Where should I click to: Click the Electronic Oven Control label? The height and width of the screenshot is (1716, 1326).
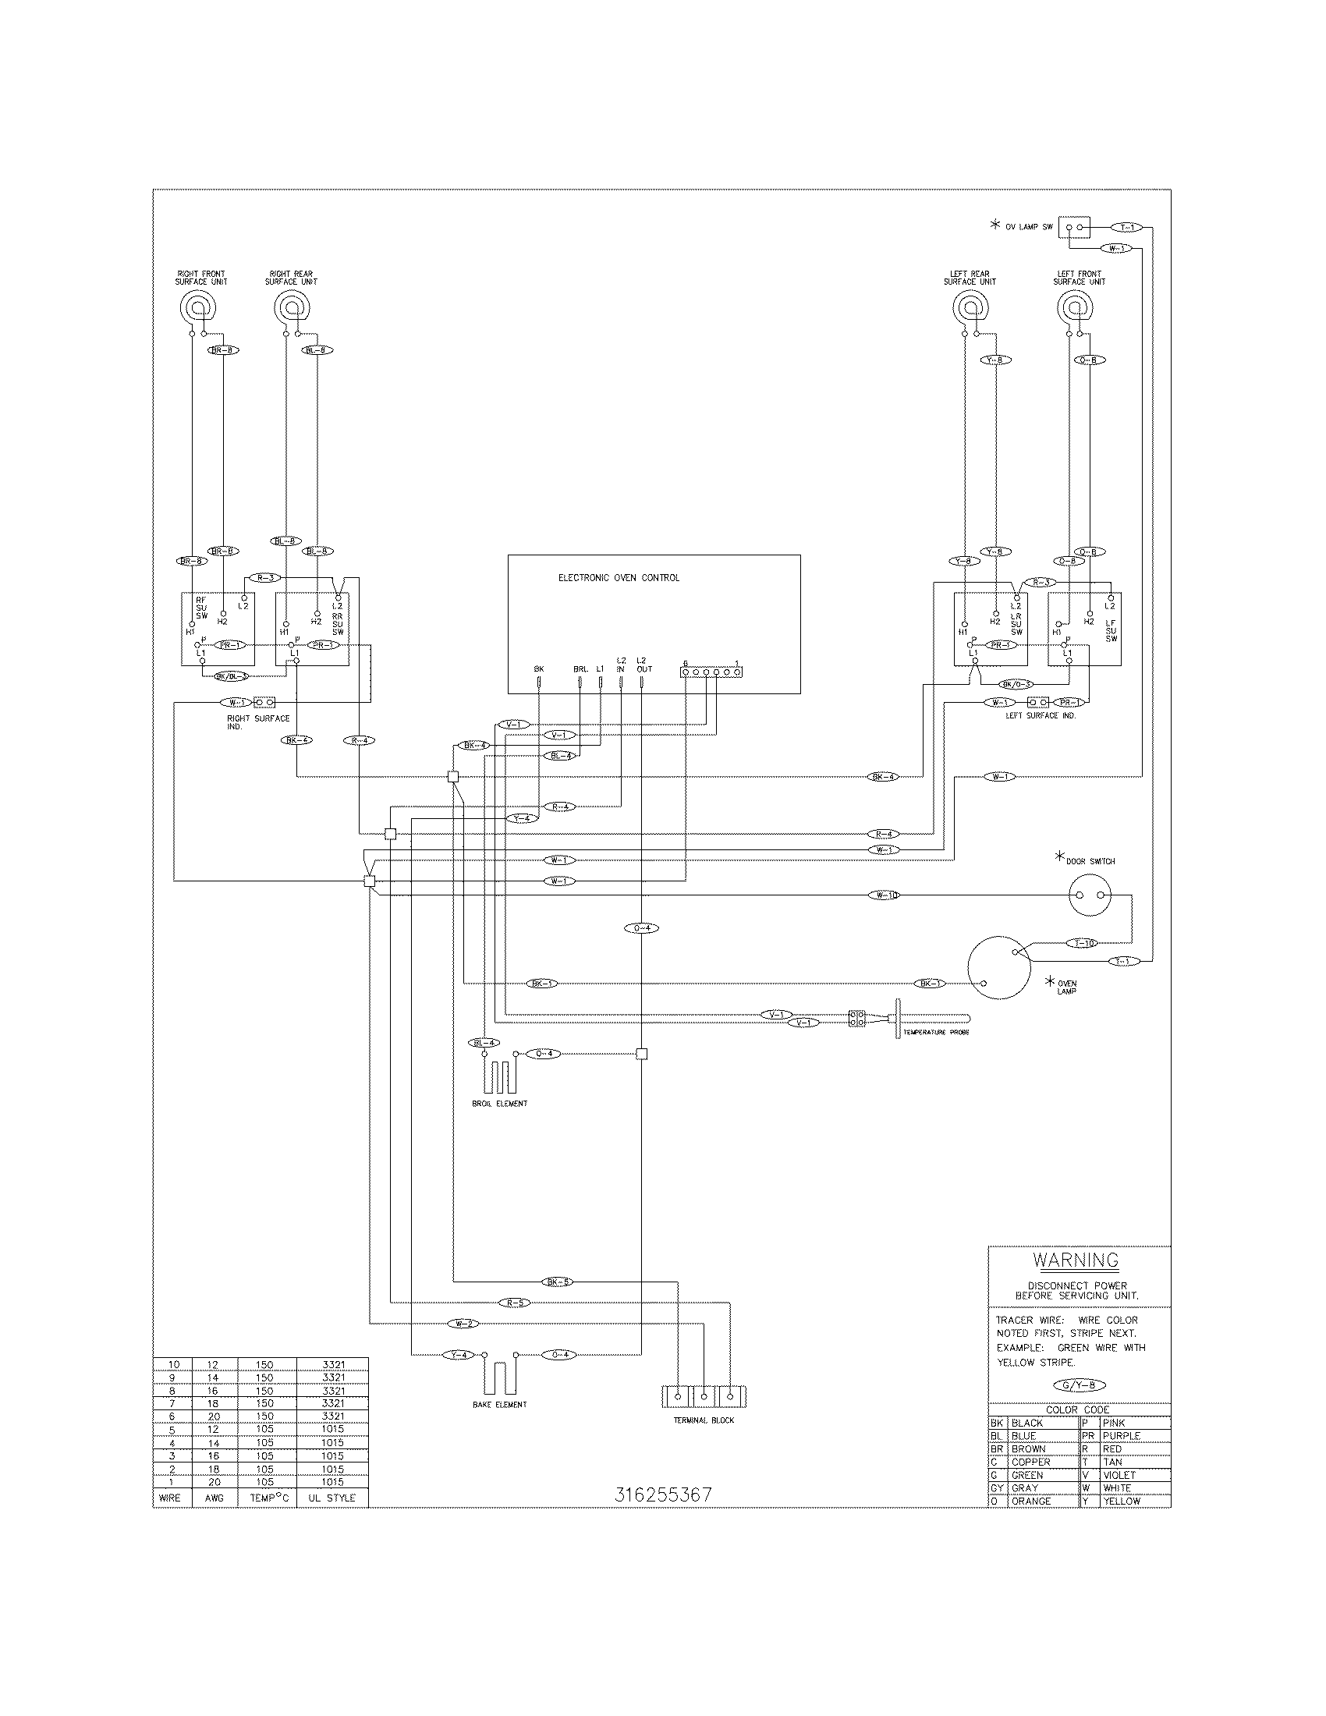point(619,577)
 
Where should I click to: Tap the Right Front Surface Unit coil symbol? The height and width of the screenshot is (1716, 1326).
point(196,304)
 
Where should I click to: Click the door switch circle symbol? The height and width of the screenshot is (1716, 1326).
point(1091,895)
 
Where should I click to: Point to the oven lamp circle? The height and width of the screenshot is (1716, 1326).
point(998,967)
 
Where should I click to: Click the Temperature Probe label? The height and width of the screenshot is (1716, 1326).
point(935,1032)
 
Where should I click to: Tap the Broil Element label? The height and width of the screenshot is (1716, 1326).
point(500,1103)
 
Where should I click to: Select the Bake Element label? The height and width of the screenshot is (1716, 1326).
point(500,1404)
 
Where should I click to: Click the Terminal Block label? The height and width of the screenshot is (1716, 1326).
point(704,1420)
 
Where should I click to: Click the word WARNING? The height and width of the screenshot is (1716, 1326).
point(1076,1260)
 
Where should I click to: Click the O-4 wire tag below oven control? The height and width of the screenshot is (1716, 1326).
point(641,928)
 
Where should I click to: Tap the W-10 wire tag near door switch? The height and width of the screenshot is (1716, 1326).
point(885,895)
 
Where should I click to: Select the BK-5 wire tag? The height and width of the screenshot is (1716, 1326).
point(557,1282)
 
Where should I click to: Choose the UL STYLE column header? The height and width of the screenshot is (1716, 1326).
point(331,1498)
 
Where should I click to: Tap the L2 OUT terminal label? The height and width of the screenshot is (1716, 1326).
point(643,665)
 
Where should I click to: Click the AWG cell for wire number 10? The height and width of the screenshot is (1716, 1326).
point(213,1365)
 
